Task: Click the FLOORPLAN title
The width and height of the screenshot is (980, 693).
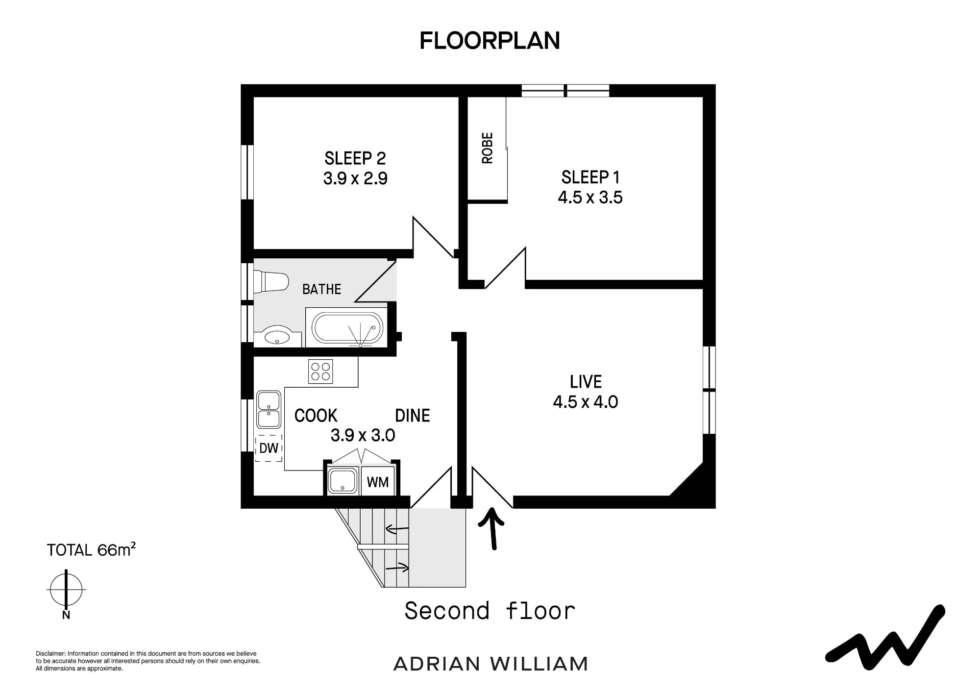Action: (x=490, y=41)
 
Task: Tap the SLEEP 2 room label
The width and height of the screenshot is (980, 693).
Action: (x=355, y=158)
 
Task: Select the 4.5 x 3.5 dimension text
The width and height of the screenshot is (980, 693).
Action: (x=590, y=198)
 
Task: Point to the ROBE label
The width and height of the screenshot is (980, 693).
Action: (x=488, y=148)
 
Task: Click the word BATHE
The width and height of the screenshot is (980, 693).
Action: (x=321, y=289)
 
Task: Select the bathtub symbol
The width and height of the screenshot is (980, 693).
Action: (x=347, y=328)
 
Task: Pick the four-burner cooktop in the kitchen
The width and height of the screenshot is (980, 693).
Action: (x=321, y=371)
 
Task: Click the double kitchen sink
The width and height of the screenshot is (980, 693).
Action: (x=269, y=410)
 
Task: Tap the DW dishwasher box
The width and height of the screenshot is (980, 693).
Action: (x=269, y=448)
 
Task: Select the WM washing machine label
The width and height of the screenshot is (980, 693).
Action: (x=378, y=482)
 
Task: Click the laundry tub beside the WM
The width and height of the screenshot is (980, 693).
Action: (x=343, y=480)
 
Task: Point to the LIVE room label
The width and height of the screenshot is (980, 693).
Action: (x=586, y=382)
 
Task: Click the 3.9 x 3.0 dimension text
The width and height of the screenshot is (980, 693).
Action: (x=363, y=435)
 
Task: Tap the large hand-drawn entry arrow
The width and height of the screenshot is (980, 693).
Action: (x=492, y=528)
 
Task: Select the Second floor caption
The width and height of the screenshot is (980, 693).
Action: (x=490, y=611)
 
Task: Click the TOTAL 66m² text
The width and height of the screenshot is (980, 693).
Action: (x=91, y=549)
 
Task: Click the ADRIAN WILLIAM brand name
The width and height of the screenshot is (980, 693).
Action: (x=490, y=664)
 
